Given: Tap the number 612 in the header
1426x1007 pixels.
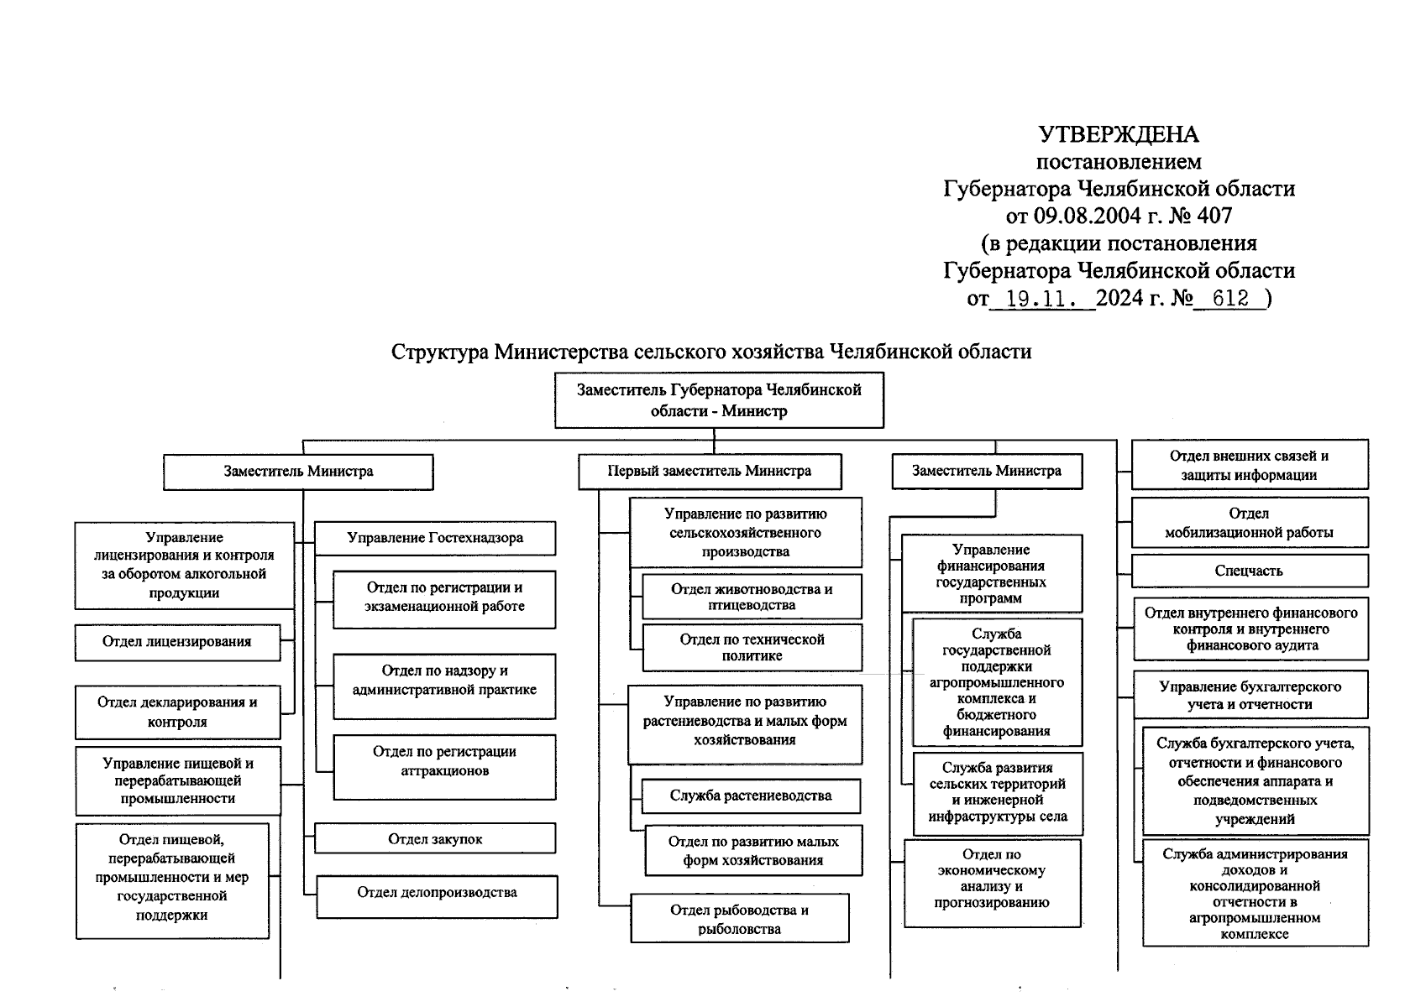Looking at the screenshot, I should point(1230,298).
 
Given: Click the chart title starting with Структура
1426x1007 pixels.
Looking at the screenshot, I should point(711,351).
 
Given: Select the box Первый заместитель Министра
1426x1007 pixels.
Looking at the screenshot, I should point(710,471).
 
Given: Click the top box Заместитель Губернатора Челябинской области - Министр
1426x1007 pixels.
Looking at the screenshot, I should point(719,401).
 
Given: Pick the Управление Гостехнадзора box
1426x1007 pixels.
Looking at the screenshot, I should point(435,538).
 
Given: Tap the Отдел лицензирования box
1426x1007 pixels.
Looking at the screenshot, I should point(177,642).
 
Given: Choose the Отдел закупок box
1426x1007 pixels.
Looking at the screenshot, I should point(435,838).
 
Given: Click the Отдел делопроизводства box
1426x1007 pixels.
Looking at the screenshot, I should point(437,893).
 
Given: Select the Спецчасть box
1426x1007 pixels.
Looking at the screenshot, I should point(1249,571).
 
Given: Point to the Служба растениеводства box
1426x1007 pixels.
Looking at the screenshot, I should point(751,796).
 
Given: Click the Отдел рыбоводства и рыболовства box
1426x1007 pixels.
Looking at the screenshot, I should point(739,920).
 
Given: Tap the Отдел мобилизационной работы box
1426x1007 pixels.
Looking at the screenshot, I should point(1249,523).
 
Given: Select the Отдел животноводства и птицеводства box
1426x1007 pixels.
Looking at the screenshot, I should point(752,597).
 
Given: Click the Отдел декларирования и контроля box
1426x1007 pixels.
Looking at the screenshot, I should point(177,712).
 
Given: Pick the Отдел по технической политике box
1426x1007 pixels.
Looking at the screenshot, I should point(752,647).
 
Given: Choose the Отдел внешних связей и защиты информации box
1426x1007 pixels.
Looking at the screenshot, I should point(1249,466).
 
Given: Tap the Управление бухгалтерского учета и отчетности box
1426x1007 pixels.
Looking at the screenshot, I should point(1250,695).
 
